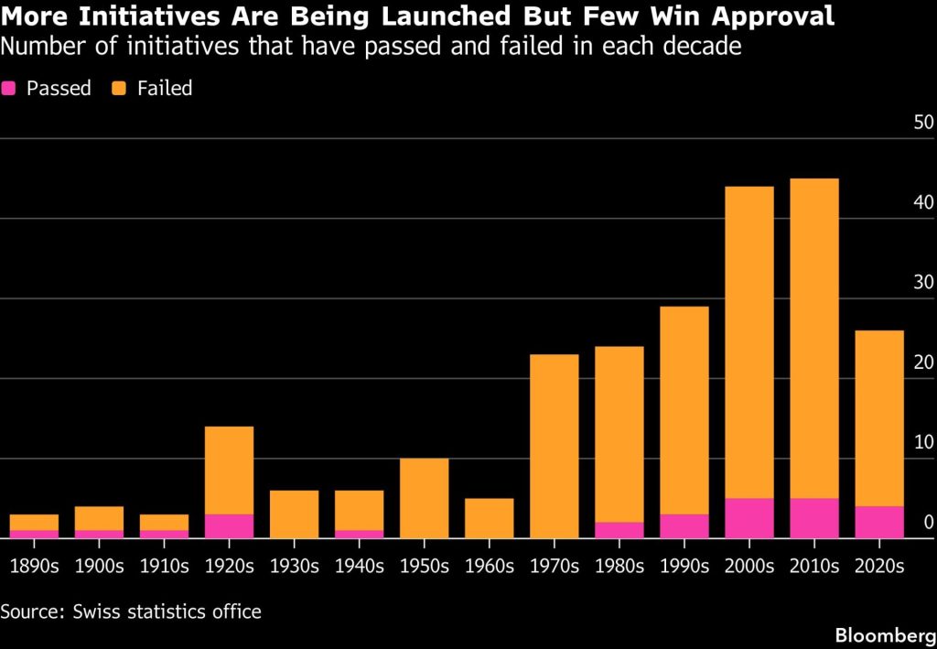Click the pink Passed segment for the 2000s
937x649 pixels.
[749, 518]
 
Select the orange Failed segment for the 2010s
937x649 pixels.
[814, 339]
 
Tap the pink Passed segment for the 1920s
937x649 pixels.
[229, 526]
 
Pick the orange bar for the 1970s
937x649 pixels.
[555, 447]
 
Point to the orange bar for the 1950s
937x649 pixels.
[425, 498]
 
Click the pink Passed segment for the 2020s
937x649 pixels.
[879, 523]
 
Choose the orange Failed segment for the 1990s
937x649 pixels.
[684, 411]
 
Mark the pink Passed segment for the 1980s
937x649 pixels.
[619, 530]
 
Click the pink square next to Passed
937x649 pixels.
[8, 89]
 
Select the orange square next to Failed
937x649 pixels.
[118, 89]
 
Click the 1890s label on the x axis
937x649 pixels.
[35, 566]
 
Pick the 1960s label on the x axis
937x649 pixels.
[490, 566]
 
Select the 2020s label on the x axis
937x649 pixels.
[879, 566]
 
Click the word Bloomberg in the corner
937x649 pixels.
[886, 634]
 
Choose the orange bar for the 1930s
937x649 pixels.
[294, 514]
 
